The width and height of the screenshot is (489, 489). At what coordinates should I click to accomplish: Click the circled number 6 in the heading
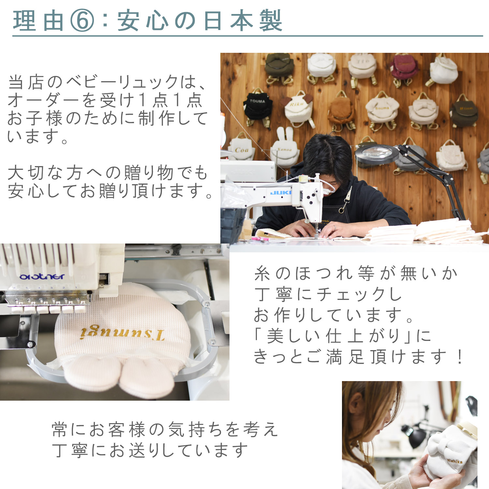click(82, 21)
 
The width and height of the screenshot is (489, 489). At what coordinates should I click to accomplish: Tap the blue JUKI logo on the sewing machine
click(280, 193)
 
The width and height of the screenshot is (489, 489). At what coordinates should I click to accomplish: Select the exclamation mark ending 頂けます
click(460, 357)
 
